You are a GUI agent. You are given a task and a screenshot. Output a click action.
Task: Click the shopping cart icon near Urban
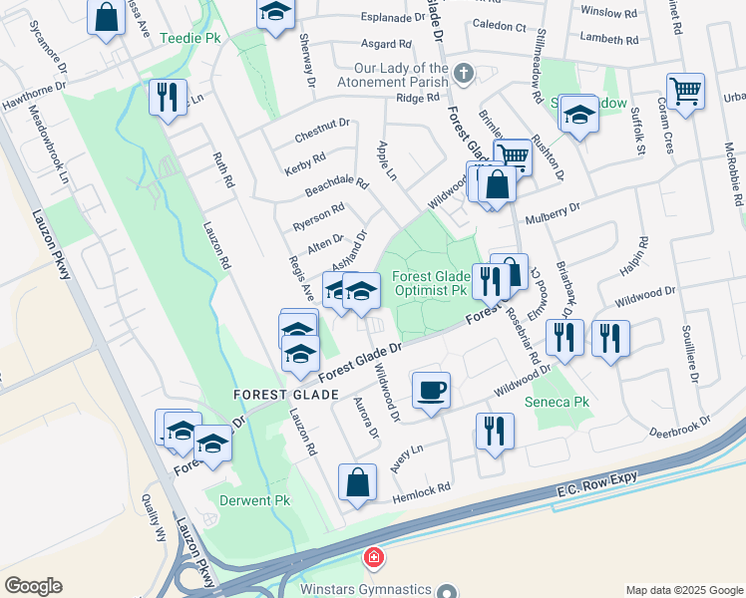point(685,93)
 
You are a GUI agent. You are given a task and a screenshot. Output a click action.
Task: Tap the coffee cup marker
point(431,390)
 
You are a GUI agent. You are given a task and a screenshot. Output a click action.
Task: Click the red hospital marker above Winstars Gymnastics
point(373,558)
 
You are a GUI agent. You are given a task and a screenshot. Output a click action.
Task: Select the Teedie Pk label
point(188,39)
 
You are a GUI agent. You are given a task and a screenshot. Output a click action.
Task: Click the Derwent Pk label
point(248,499)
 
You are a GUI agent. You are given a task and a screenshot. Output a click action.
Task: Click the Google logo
point(33,586)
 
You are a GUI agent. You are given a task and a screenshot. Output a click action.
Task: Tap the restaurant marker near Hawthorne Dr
point(166,97)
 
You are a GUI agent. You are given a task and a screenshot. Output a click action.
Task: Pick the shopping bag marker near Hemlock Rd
point(357,482)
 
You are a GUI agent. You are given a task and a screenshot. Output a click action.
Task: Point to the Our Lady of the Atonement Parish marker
point(463,74)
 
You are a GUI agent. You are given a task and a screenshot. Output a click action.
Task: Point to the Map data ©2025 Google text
point(683,590)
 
